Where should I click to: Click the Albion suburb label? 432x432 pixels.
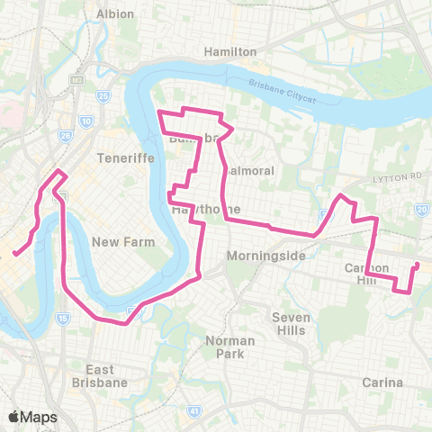[114, 14]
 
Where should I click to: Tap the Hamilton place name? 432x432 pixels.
[230, 52]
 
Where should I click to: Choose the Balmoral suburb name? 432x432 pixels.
[242, 170]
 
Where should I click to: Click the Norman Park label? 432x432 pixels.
[230, 346]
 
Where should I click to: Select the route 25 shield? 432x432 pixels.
[104, 95]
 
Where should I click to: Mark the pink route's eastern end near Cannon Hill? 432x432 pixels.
[417, 265]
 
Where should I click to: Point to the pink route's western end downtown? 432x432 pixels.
[14, 253]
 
